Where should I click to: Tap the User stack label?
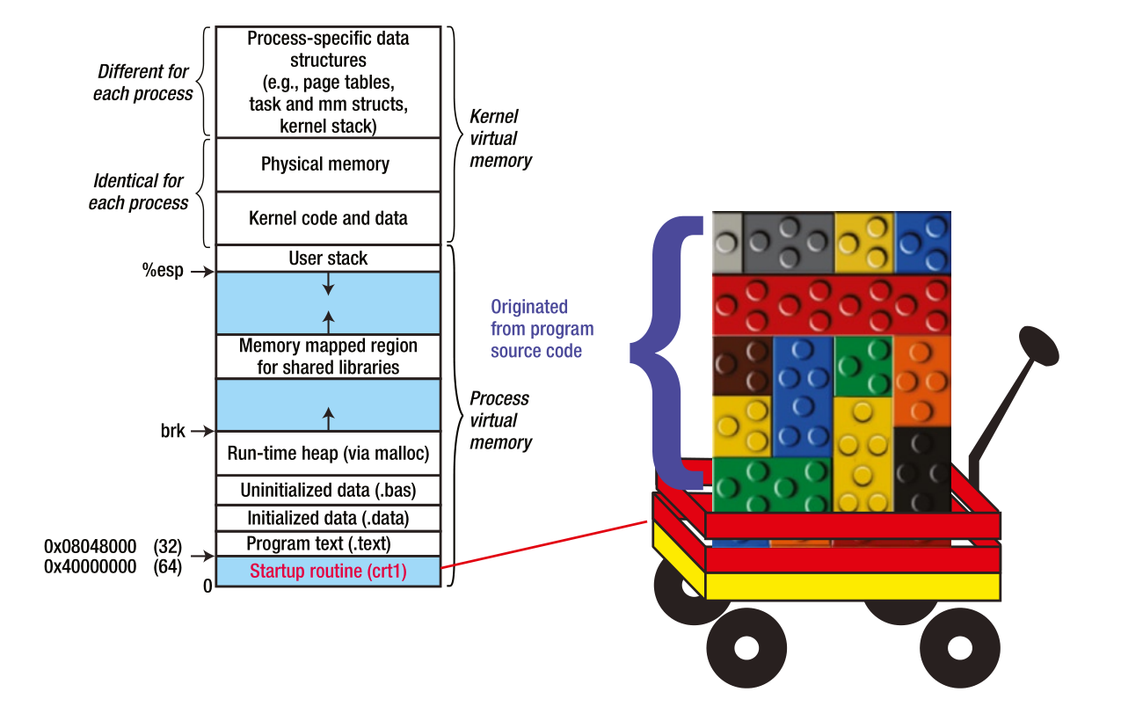pyautogui.click(x=328, y=259)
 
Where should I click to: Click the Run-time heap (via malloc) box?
pyautogui.click(x=328, y=454)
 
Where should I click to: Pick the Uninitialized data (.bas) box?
pyautogui.click(x=328, y=490)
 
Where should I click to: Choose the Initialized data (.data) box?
pyautogui.click(x=328, y=518)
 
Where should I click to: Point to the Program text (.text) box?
pyautogui.click(x=328, y=543)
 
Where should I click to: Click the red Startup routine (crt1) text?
pyautogui.click(x=328, y=572)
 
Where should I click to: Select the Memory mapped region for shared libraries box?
pyautogui.click(x=328, y=356)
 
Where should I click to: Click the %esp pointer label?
pyautogui.click(x=164, y=271)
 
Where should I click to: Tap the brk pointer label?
pyautogui.click(x=172, y=432)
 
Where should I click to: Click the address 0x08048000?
pyautogui.click(x=90, y=546)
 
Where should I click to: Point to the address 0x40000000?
pyautogui.click(x=90, y=567)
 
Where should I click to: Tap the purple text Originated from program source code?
pyautogui.click(x=542, y=329)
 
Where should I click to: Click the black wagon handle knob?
pyautogui.click(x=1038, y=345)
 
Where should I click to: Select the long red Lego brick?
pyautogui.click(x=831, y=304)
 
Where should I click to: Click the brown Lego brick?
pyautogui.click(x=742, y=365)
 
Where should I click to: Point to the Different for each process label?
pyautogui.click(x=142, y=83)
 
